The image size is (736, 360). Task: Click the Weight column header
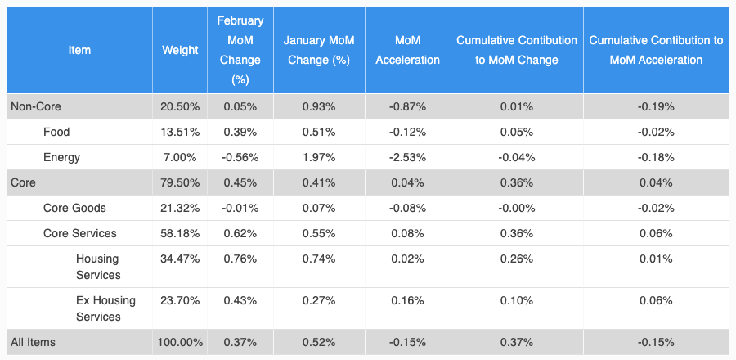point(180,50)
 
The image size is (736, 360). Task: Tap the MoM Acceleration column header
point(407,50)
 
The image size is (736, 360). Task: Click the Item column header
point(79,50)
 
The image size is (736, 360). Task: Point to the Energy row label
point(61,157)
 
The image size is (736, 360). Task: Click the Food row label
point(56,132)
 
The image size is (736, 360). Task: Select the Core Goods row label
point(74,208)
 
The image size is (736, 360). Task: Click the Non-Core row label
point(35,106)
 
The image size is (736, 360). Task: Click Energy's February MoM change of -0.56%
point(240,157)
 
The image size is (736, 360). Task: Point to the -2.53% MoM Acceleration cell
point(407,157)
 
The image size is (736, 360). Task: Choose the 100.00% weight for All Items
point(180,342)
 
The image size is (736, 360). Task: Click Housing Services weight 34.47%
point(180,259)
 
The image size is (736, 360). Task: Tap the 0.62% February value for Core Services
point(240,233)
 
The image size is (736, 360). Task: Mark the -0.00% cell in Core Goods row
point(517,208)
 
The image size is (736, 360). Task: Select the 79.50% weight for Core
point(180,182)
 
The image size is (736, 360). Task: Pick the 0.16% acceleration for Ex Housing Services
point(407,301)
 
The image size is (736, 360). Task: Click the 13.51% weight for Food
point(180,132)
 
